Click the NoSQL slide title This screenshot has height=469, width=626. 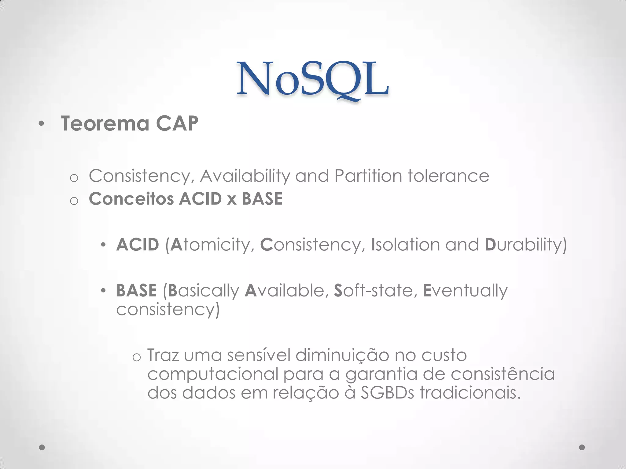(312, 80)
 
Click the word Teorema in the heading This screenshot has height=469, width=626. (105, 124)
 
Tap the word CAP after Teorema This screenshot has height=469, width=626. (177, 124)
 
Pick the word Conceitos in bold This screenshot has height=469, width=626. (131, 199)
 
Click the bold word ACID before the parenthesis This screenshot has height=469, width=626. (138, 245)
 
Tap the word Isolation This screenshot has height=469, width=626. (405, 245)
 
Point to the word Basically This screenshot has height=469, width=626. (204, 291)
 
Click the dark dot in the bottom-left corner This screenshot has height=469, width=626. (42, 447)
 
